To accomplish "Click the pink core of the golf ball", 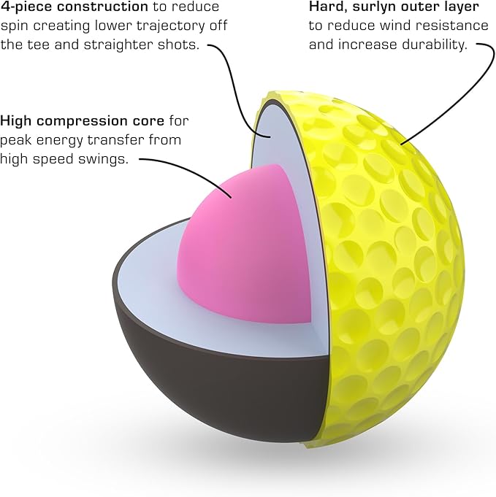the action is [245, 247].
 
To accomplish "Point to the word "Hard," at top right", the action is [328, 7].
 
